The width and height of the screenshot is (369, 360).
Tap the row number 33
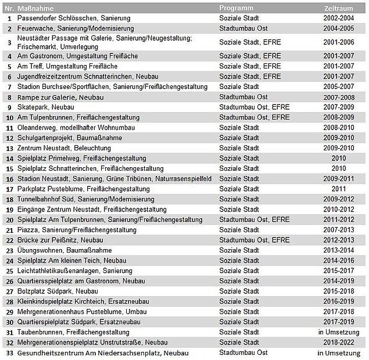(x=9, y=352)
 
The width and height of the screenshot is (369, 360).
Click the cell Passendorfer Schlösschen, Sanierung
(x=74, y=18)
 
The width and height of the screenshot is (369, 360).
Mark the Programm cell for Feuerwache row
(x=243, y=28)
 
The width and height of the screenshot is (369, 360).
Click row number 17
(x=9, y=189)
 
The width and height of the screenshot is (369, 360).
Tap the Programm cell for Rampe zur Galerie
(x=243, y=97)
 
